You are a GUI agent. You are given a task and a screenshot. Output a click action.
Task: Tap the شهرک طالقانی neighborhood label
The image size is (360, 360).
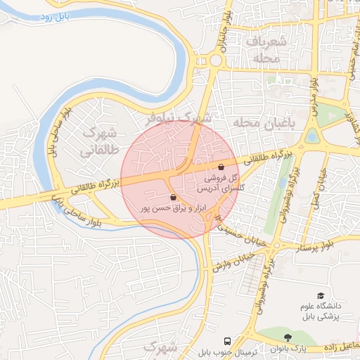coord(97,141)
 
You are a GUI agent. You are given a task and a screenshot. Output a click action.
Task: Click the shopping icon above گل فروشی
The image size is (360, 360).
coord(222,167)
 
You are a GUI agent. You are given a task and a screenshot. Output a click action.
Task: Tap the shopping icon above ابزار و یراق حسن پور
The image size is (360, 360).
coord(173,198)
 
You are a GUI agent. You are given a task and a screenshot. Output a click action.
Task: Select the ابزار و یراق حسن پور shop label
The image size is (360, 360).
coord(165,209)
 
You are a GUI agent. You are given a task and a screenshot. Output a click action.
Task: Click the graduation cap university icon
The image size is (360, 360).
coord(321,296)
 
